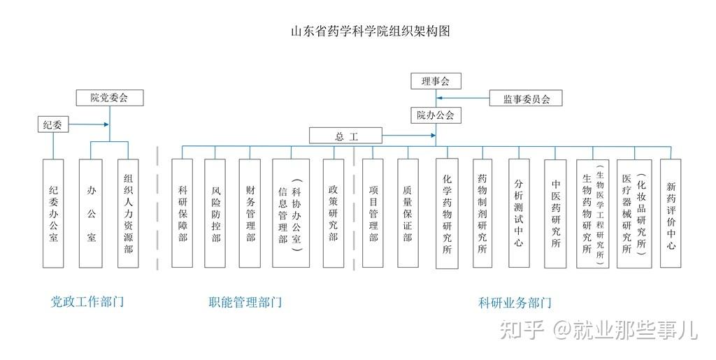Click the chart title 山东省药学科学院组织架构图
pyautogui.click(x=370, y=32)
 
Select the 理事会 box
pyautogui.click(x=436, y=81)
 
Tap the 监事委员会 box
pyautogui.click(x=527, y=99)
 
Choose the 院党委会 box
pyautogui.click(x=109, y=98)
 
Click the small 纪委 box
pyautogui.click(x=53, y=125)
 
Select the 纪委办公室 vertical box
pyautogui.click(x=53, y=213)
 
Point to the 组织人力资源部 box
pyautogui.click(x=128, y=213)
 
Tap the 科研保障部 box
pyautogui.click(x=182, y=213)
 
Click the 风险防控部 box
pyautogui.click(x=215, y=213)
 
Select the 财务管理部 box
pyautogui.click(x=250, y=213)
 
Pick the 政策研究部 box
pyautogui.click(x=334, y=213)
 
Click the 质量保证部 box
pyautogui.click(x=408, y=213)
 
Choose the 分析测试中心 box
pyautogui.click(x=518, y=213)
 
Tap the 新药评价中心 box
pyautogui.click(x=671, y=213)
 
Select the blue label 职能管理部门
pyautogui.click(x=245, y=303)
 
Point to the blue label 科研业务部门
pyautogui.click(x=515, y=303)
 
